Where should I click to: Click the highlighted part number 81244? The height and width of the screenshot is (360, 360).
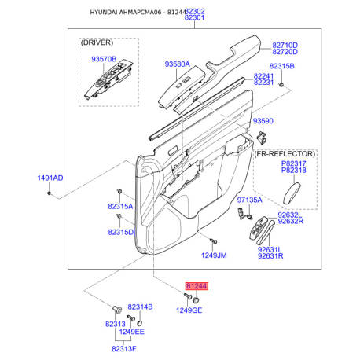197,286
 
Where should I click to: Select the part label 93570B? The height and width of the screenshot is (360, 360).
104,59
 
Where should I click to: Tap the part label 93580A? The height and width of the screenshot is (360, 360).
177,64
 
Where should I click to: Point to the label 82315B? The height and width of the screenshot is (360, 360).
281,66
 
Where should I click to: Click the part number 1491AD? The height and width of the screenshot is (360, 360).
50,178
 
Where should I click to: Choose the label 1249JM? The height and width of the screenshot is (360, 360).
214,255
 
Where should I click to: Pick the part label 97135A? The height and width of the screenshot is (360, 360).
249,200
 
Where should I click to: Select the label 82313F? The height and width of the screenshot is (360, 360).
124,349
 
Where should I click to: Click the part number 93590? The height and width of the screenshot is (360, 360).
263,121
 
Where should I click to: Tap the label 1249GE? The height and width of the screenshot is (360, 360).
189,310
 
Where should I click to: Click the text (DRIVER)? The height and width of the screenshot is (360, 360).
97,42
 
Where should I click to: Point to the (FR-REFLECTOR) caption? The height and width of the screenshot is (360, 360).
285,154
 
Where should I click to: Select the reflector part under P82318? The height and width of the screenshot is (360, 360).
292,193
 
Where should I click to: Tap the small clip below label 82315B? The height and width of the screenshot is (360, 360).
281,85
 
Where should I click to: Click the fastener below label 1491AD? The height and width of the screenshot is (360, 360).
49,193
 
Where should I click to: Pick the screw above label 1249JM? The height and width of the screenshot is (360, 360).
213,241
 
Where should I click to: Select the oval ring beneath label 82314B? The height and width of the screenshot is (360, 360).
140,323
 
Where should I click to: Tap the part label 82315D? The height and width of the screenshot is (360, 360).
121,232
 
